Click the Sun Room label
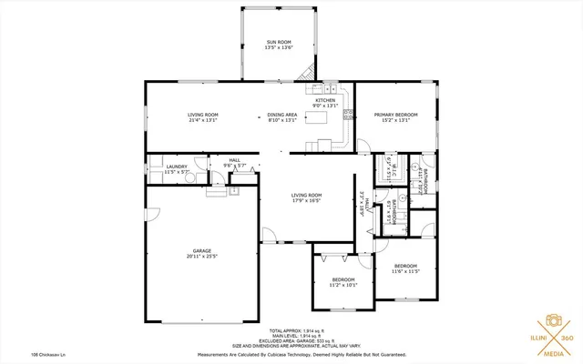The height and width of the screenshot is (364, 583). pyautogui.click(x=278, y=45)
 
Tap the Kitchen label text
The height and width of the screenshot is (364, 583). pyautogui.click(x=325, y=103)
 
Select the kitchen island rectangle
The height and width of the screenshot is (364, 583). pyautogui.click(x=322, y=118)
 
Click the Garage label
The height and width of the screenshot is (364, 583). pyautogui.click(x=202, y=253)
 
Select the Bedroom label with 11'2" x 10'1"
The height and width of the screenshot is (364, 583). pyautogui.click(x=343, y=282)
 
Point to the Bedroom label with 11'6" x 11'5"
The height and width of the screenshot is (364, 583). pyautogui.click(x=404, y=269)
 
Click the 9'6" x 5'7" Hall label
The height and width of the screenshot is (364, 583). pyautogui.click(x=234, y=163)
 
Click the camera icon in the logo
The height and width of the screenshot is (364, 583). pyautogui.click(x=552, y=320)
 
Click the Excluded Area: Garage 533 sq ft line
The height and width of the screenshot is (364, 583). pyautogui.click(x=296, y=341)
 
